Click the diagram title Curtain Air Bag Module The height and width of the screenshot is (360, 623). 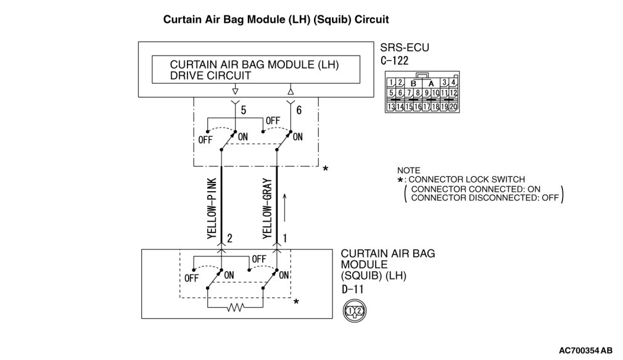pyautogui.click(x=275, y=20)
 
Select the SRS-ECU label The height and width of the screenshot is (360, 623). pyautogui.click(x=405, y=48)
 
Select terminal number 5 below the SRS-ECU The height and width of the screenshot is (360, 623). pyautogui.click(x=244, y=110)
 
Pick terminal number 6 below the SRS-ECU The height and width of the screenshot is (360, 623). pyautogui.click(x=300, y=110)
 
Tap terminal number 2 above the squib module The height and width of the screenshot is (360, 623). pyautogui.click(x=229, y=237)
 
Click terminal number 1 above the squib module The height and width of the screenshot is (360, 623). pyautogui.click(x=284, y=237)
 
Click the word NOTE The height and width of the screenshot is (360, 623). pyautogui.click(x=408, y=170)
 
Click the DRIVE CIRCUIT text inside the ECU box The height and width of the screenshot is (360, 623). pyautogui.click(x=210, y=76)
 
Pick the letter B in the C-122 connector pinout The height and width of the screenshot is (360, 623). pyautogui.click(x=413, y=83)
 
